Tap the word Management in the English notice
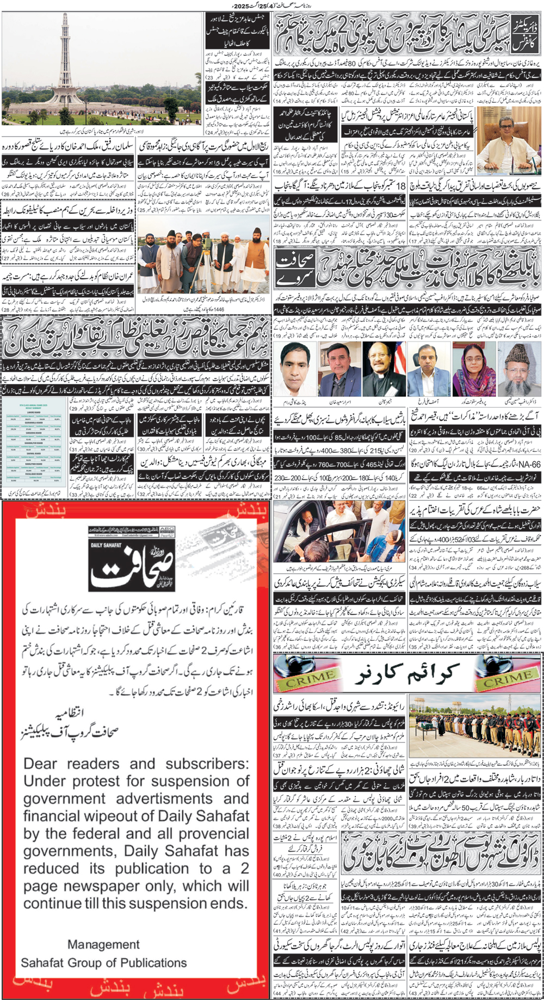[x=103, y=944]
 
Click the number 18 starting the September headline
[x=401, y=186]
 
